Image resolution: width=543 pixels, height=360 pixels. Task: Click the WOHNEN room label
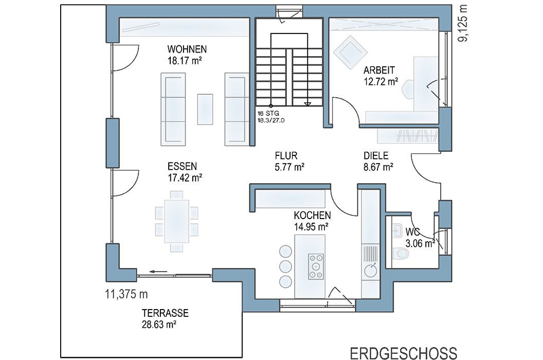pos(187,49)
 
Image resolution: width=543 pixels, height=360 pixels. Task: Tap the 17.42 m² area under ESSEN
pos(185,178)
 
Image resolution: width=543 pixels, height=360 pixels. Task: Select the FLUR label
pos(286,156)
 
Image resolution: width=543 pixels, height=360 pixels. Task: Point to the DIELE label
pos(376,156)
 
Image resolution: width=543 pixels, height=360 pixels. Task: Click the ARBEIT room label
pos(379,70)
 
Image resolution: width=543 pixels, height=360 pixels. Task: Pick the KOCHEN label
pos(312,215)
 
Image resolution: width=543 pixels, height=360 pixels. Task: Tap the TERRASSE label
pos(165,313)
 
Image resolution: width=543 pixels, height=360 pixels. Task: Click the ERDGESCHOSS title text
pos(404,353)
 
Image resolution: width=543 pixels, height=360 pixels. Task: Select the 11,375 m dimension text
pos(126,294)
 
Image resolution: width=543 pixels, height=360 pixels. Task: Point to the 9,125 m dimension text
pos(463,24)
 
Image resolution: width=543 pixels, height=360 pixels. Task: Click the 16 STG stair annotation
pos(268,113)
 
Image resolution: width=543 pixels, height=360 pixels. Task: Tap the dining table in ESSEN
pos(176,222)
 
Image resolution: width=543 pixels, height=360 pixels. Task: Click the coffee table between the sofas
pos(205,109)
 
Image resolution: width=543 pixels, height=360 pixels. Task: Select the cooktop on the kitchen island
pos(316,266)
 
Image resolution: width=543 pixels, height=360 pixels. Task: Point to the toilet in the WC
pos(401,253)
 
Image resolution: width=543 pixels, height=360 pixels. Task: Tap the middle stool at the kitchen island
pos(285,266)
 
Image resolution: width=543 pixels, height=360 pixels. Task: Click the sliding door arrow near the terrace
pos(158,272)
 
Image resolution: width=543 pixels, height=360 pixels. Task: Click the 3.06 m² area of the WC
pos(420,244)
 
